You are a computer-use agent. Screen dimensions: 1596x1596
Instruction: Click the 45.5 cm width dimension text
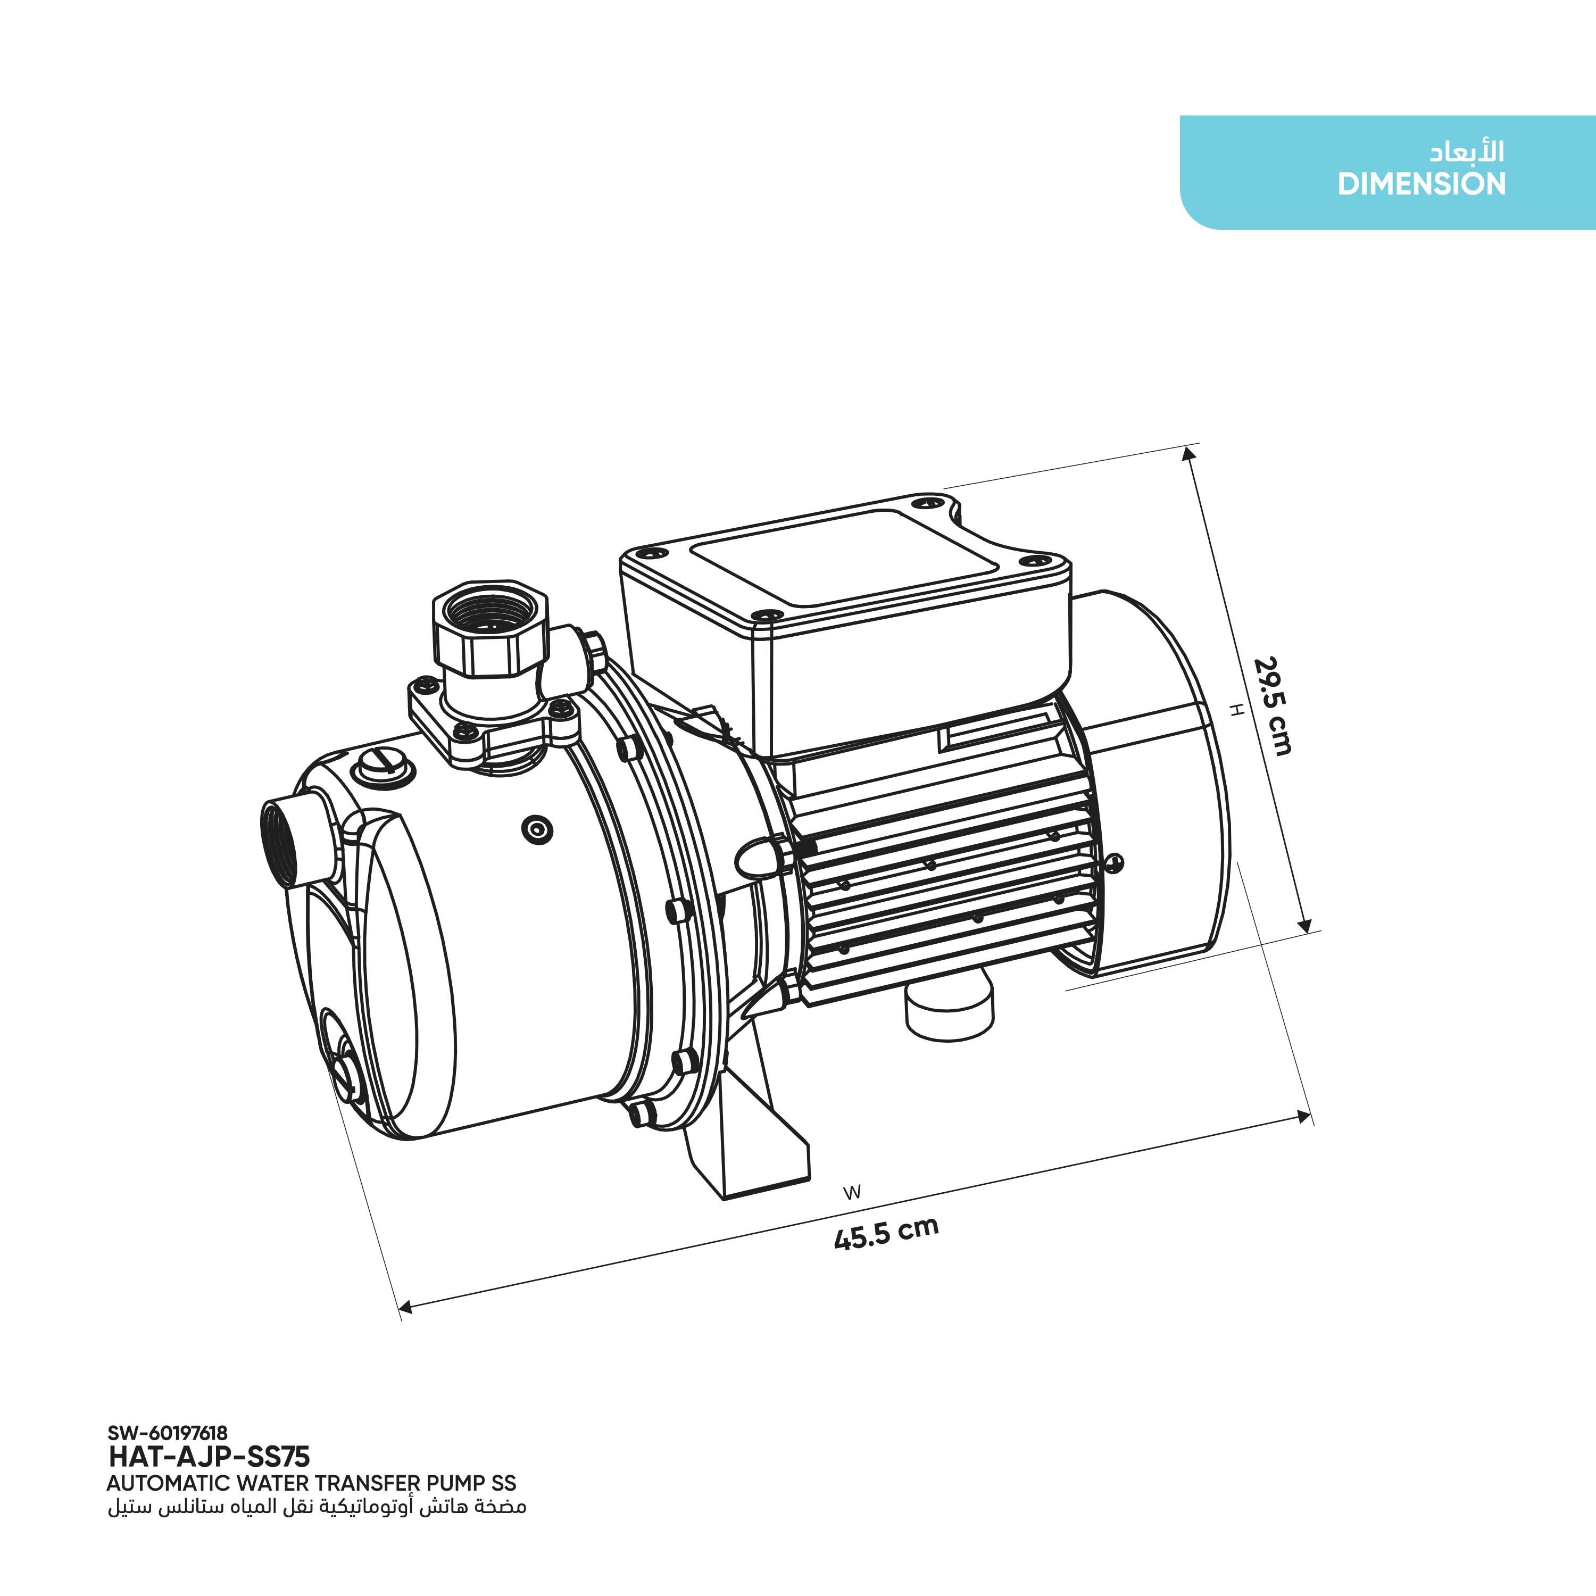click(x=886, y=1233)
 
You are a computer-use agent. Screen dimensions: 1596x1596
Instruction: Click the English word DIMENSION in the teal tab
click(x=1422, y=184)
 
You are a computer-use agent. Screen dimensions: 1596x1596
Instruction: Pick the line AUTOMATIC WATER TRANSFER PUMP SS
click(x=311, y=1483)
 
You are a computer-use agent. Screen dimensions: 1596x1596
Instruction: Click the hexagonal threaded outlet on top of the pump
click(x=489, y=625)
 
